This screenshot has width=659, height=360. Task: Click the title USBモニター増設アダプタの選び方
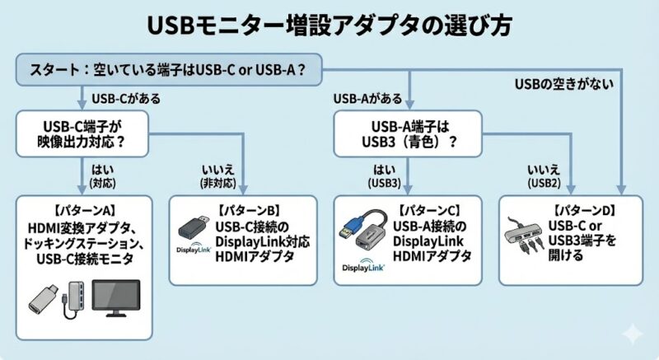[x=329, y=24]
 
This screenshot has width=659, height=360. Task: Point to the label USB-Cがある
[x=126, y=99]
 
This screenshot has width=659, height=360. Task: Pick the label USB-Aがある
[x=367, y=99]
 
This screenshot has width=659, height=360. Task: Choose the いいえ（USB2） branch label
[x=544, y=174]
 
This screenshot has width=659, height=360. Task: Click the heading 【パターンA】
[x=85, y=209]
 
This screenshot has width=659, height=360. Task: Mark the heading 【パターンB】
[x=248, y=209]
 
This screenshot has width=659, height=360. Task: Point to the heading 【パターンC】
[x=433, y=210]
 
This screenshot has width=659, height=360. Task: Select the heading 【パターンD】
[x=583, y=210]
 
